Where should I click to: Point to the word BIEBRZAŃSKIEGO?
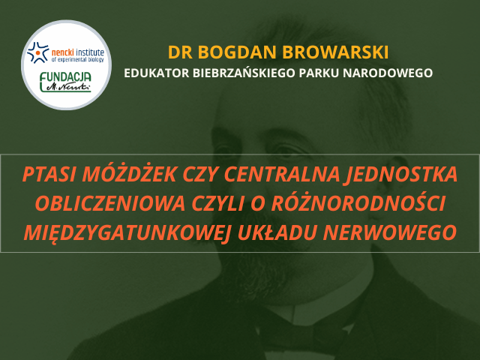(244, 73)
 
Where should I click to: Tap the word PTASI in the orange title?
(50, 174)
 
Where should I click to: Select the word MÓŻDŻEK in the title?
(130, 173)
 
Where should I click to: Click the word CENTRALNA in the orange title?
(282, 174)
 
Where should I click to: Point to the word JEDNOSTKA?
(400, 175)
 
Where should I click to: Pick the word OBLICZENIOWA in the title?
(110, 203)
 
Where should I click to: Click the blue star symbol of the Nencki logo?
(37, 52)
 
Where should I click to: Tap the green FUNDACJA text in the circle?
(65, 76)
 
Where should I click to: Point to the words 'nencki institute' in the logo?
(78, 52)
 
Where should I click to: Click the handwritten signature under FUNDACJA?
(68, 87)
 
